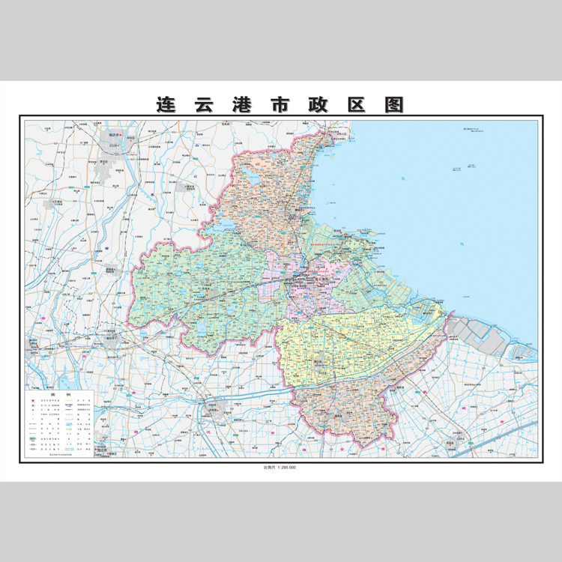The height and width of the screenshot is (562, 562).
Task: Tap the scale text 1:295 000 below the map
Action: tap(281, 468)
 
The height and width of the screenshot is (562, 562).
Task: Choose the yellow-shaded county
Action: tap(352, 345)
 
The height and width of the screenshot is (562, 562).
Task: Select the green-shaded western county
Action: tap(202, 292)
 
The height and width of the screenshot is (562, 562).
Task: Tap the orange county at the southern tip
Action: tap(345, 412)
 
